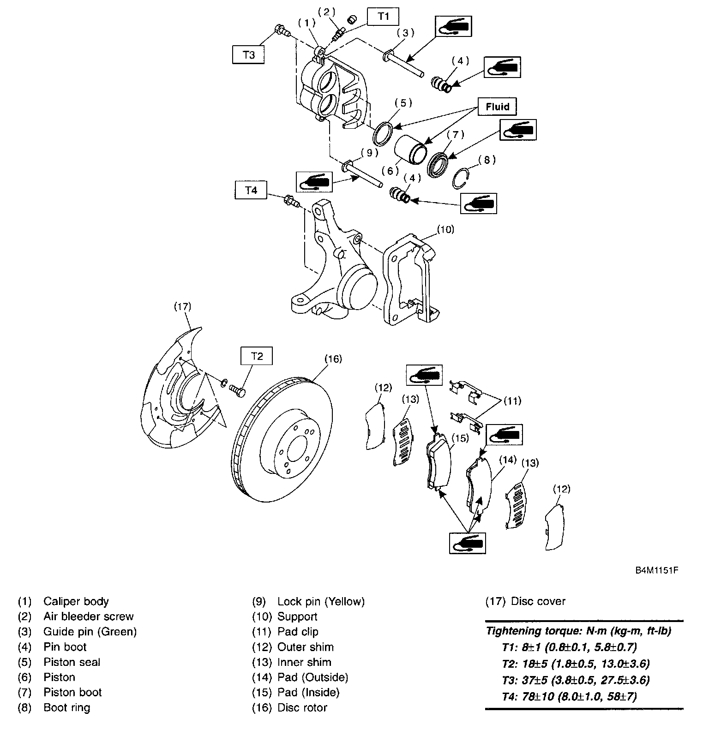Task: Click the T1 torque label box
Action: [x=383, y=17]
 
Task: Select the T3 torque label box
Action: [x=249, y=54]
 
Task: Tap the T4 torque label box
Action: [x=251, y=190]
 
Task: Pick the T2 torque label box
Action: [x=257, y=356]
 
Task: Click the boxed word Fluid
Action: [x=497, y=107]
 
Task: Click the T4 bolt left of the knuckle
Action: [x=291, y=201]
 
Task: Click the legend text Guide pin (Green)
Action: [x=90, y=632]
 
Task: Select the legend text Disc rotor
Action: [x=302, y=707]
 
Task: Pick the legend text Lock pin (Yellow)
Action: [x=321, y=601]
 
